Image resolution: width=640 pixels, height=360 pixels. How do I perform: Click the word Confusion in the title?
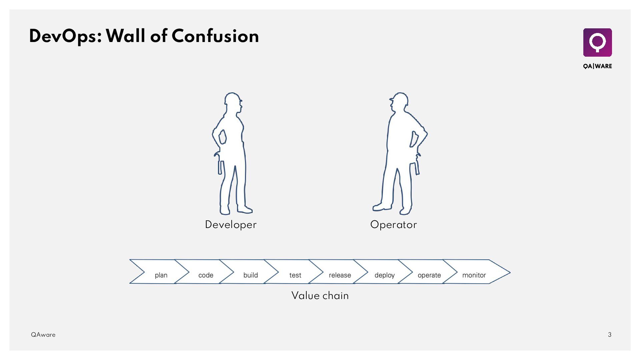[215, 36]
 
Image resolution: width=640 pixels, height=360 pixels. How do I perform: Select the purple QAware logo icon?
[597, 42]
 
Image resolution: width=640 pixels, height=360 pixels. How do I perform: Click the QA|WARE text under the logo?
[597, 66]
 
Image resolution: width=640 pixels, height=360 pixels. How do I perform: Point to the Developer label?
[231, 225]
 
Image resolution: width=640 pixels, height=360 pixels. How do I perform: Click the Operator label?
[393, 225]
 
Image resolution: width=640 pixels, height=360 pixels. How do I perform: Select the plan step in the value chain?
[161, 275]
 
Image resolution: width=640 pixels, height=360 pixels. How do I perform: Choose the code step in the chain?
[206, 275]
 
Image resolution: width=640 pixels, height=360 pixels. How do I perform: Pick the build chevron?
[250, 275]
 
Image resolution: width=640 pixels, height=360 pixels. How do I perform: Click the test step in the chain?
[295, 275]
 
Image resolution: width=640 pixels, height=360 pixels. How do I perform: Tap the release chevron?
[340, 275]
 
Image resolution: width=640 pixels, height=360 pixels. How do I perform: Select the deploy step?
[384, 275]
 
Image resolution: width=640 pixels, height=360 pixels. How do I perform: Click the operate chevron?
[429, 275]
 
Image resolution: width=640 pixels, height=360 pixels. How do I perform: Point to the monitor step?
[474, 275]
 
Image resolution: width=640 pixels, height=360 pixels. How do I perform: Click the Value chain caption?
[320, 296]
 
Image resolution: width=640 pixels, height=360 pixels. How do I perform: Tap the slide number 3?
[610, 335]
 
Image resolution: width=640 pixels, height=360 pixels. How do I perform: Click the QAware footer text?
[43, 335]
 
